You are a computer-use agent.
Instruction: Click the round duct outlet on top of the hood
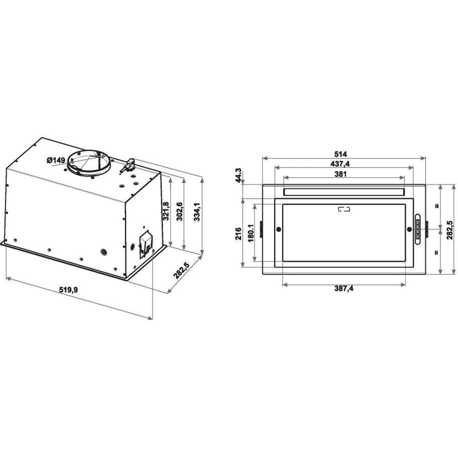(x=89, y=161)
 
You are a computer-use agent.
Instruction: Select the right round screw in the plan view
(x=409, y=229)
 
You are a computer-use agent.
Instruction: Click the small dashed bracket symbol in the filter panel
(x=343, y=210)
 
